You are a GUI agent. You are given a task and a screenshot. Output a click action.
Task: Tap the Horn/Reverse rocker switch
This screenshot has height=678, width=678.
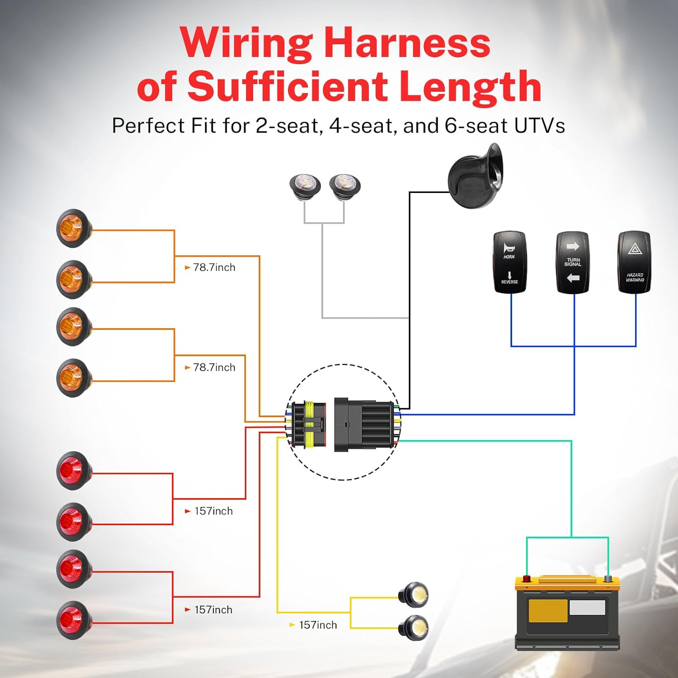(509, 262)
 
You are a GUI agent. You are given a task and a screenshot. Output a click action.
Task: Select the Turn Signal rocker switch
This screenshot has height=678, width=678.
(572, 262)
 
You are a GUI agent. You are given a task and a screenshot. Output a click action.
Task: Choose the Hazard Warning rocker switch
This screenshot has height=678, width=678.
(634, 262)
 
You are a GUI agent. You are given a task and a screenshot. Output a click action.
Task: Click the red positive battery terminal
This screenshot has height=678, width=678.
(527, 579)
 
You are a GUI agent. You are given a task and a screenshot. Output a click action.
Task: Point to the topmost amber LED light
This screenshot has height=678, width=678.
(72, 228)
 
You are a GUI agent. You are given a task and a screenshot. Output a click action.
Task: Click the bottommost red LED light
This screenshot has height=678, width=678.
(72, 620)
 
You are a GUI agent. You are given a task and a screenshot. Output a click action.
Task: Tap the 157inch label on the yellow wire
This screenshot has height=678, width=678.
(318, 625)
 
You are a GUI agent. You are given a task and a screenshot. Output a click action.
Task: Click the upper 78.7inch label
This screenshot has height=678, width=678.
(214, 268)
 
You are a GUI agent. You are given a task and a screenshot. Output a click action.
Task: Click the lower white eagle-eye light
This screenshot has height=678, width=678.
(414, 627)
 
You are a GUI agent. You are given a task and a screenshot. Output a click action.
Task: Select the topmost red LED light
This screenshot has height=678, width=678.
(72, 470)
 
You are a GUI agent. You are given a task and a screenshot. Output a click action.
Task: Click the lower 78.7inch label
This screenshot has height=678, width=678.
(214, 367)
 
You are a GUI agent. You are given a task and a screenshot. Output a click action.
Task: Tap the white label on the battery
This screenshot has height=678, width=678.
(587, 607)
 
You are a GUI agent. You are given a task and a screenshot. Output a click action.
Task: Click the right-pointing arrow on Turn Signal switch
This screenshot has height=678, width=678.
(573, 246)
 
